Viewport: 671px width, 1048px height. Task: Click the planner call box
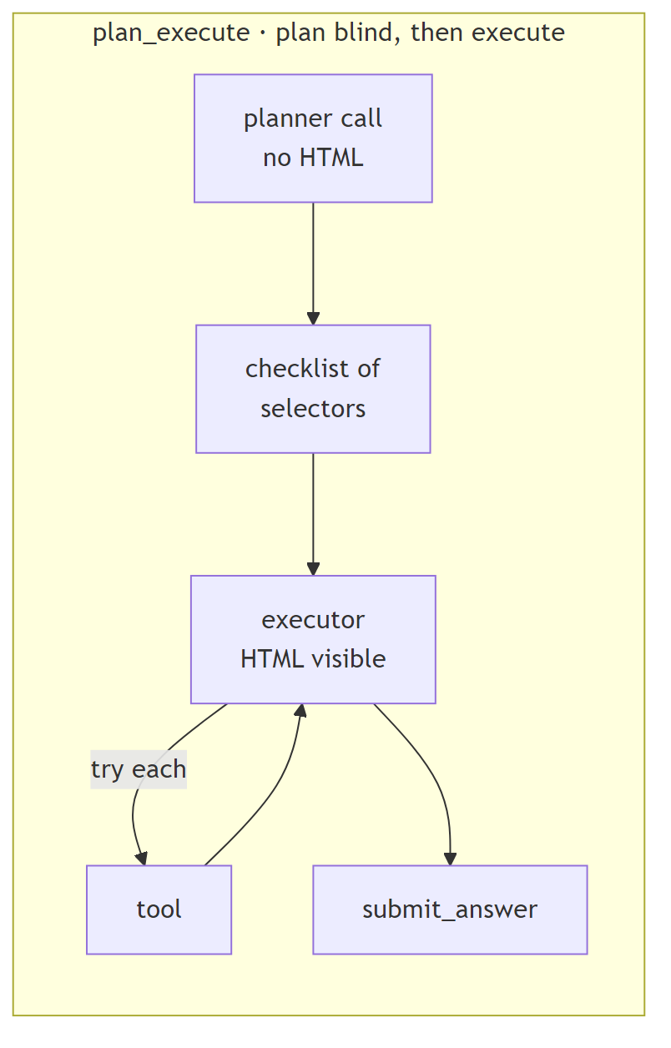click(313, 138)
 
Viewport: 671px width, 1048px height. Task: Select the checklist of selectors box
click(313, 389)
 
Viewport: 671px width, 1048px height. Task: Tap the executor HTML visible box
click(313, 639)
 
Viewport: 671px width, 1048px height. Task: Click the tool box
click(159, 909)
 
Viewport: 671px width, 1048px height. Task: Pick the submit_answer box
click(450, 909)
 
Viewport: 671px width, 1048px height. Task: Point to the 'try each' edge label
click(139, 769)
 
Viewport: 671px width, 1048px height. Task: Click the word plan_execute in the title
click(170, 33)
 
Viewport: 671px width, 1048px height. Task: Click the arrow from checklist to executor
click(313, 513)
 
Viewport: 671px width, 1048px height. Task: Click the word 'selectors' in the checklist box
click(313, 409)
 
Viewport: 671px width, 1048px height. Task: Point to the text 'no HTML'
click(313, 158)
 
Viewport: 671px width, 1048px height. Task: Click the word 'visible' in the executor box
click(348, 659)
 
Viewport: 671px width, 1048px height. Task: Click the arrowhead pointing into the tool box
click(142, 859)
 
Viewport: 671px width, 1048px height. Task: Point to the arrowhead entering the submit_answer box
click(450, 859)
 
